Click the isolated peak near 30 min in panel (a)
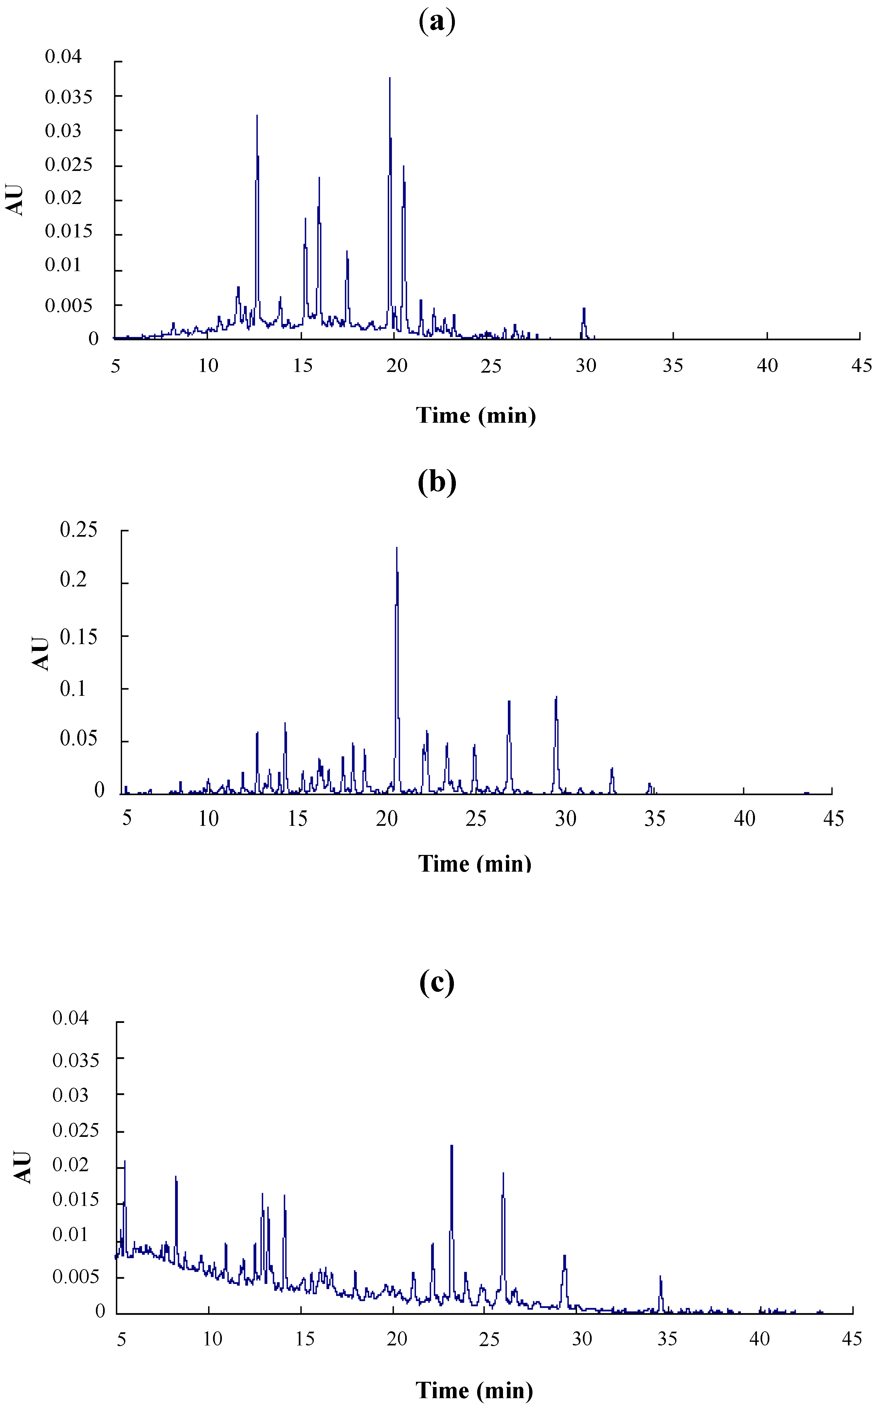coord(584,310)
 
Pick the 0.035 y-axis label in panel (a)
coord(69,97)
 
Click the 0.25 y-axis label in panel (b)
coord(79,530)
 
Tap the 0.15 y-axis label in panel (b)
coord(79,636)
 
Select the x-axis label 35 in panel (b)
coord(655,819)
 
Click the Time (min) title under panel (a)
coord(476,416)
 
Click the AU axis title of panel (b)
coord(41,653)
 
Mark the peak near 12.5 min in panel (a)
coord(257,117)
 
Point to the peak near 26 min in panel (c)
coord(503,1175)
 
